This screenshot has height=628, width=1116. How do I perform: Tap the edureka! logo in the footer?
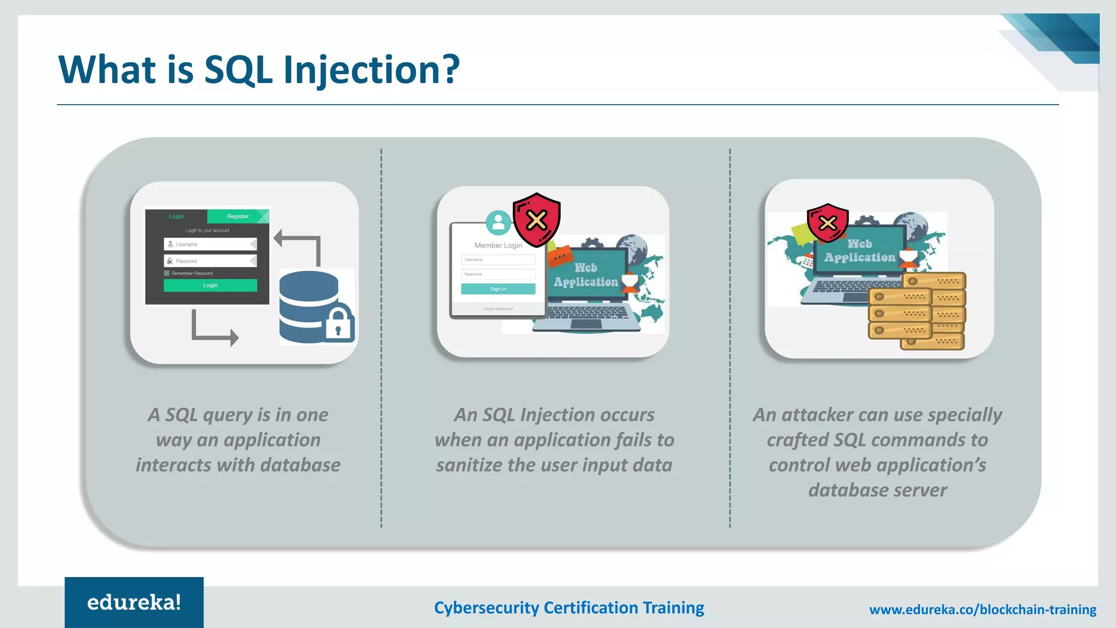[134, 602]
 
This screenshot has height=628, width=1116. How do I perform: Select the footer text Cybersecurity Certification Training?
[569, 608]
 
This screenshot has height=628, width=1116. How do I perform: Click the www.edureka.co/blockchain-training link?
[982, 609]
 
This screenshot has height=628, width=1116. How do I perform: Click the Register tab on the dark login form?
[238, 216]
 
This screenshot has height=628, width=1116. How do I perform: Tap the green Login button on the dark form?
[210, 285]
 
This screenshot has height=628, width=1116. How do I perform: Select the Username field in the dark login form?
[210, 244]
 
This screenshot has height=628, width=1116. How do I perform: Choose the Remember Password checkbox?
[167, 273]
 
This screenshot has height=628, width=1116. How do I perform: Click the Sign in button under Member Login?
[498, 289]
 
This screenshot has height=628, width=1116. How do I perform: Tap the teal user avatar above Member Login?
[498, 222]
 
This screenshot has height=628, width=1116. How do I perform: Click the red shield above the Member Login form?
[537, 219]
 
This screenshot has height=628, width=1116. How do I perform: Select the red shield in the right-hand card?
[827, 222]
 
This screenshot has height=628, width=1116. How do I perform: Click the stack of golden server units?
[917, 311]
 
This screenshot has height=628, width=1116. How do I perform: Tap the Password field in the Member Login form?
[498, 274]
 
